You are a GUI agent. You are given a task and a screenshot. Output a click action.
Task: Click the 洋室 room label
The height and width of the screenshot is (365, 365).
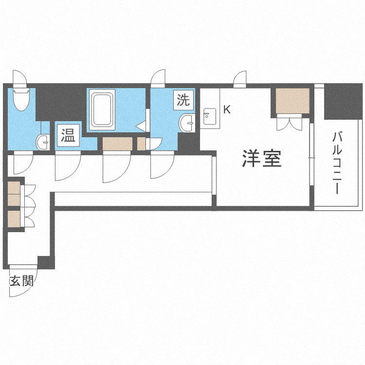pyautogui.click(x=262, y=159)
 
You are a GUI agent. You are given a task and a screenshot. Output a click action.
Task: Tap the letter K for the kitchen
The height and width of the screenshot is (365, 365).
pyautogui.click(x=226, y=109)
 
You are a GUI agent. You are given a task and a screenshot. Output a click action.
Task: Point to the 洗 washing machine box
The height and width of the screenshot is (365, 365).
pyautogui.click(x=183, y=101)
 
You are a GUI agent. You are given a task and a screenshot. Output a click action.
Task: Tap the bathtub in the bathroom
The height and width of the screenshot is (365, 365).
pyautogui.click(x=102, y=109)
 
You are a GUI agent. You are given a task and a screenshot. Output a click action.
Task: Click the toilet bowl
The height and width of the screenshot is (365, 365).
pyautogui.click(x=21, y=100)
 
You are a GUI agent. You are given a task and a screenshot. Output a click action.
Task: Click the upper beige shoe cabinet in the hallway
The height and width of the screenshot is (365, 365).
pyautogui.click(x=14, y=193)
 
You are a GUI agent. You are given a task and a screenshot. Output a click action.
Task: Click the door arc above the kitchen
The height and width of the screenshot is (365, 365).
pyautogui.click(x=241, y=78)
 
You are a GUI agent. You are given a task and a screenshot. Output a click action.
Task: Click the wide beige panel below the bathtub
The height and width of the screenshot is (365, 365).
pyautogui.click(x=117, y=144)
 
